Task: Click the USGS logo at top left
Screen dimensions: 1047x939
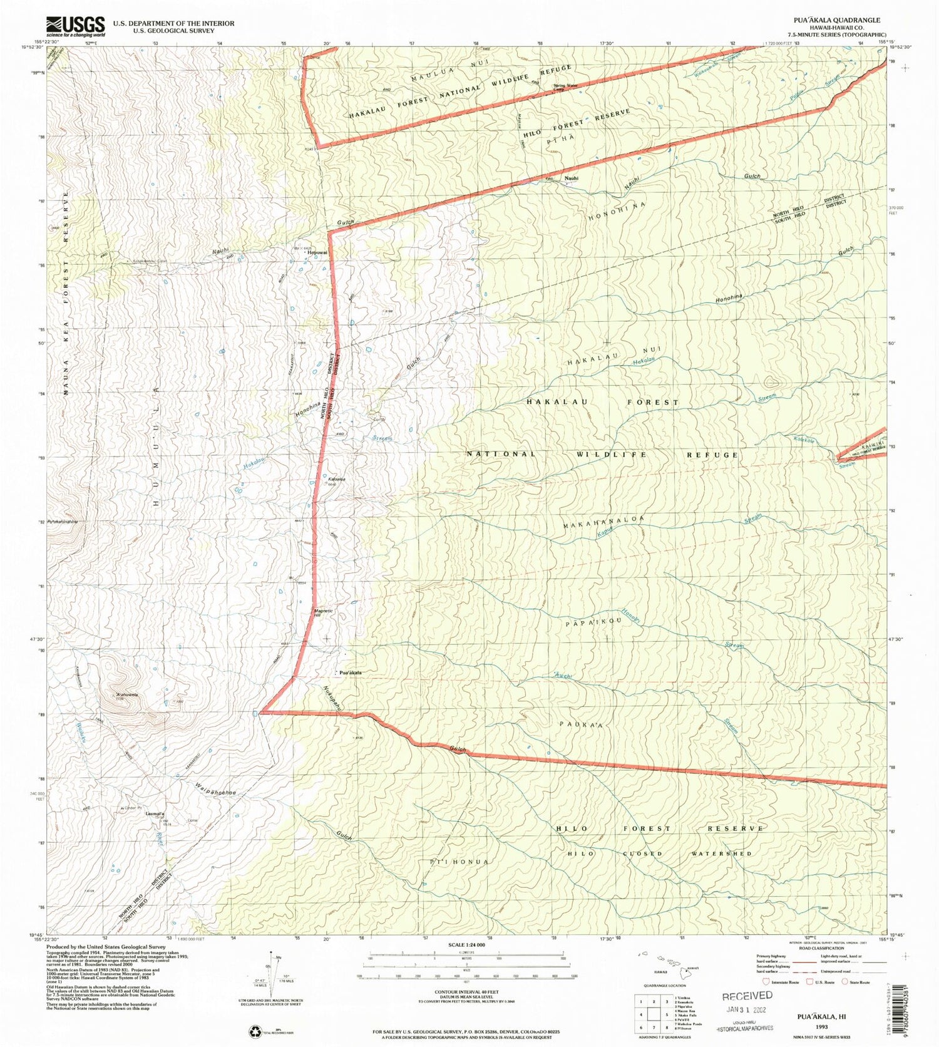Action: coord(75,26)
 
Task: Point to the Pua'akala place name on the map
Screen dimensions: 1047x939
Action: coord(350,673)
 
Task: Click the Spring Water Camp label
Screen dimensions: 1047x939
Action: coord(565,87)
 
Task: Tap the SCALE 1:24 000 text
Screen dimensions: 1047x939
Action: coord(466,945)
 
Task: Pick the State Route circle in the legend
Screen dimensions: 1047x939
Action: coord(845,982)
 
